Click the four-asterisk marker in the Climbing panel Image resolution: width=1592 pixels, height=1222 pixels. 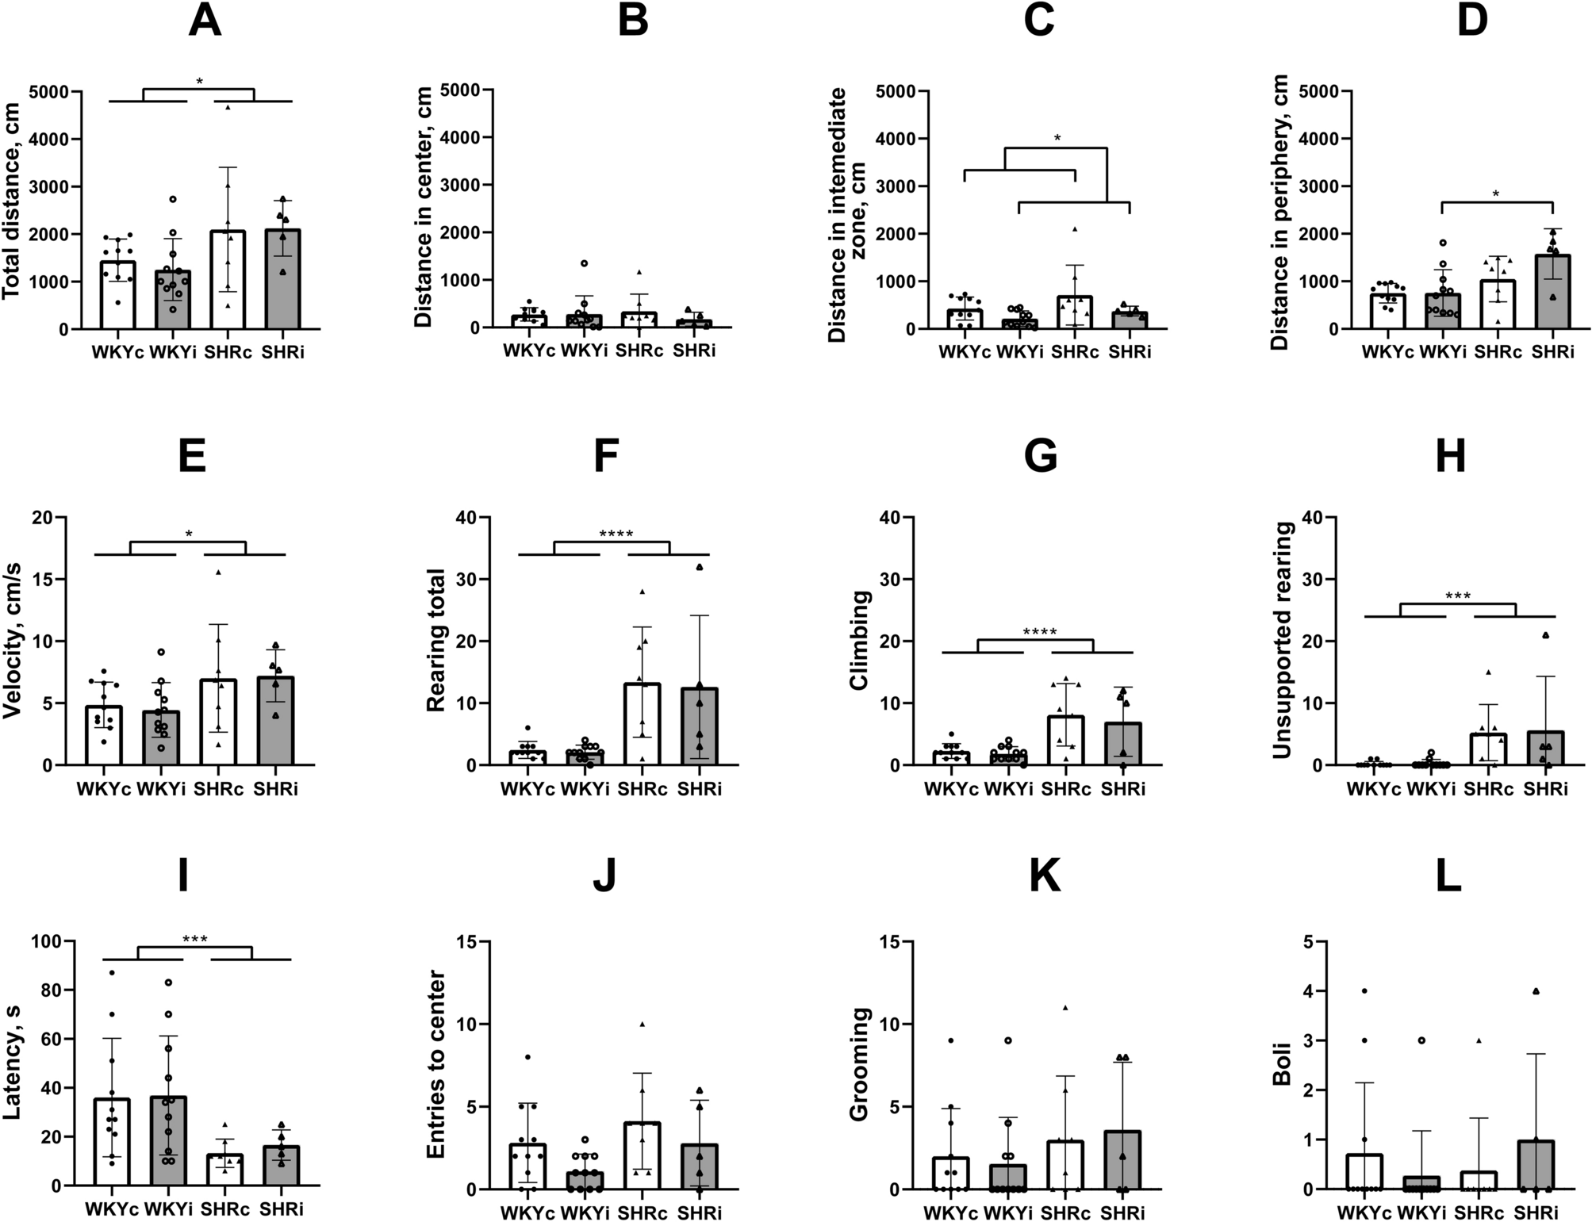[x=1040, y=633]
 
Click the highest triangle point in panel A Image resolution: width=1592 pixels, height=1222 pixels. [x=228, y=106]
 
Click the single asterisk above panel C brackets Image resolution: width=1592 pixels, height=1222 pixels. [x=1057, y=138]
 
